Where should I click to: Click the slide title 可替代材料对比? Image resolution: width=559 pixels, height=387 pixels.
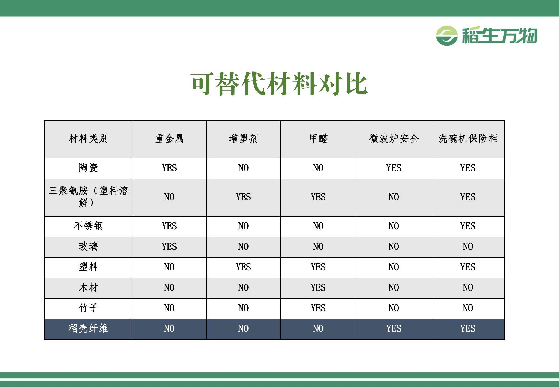pyautogui.click(x=279, y=84)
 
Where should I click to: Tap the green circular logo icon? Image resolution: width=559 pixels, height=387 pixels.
pyautogui.click(x=447, y=36)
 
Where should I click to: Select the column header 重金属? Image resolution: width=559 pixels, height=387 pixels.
pyautogui.click(x=169, y=139)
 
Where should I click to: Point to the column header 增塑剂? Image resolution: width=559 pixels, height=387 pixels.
pyautogui.click(x=243, y=139)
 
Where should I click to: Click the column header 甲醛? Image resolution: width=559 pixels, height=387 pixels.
pyautogui.click(x=318, y=139)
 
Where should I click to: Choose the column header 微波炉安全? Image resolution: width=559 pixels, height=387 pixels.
pyautogui.click(x=394, y=139)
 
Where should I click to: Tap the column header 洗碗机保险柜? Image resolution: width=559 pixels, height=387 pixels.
pyautogui.click(x=468, y=139)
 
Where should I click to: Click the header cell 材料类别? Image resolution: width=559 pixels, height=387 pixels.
pyautogui.click(x=88, y=139)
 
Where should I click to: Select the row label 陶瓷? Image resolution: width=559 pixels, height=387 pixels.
pyautogui.click(x=88, y=168)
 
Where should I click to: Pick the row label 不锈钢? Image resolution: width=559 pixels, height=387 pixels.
pyautogui.click(x=88, y=226)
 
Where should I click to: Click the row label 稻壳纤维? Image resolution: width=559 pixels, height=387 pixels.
pyautogui.click(x=88, y=328)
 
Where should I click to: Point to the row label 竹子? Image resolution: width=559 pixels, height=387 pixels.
pyautogui.click(x=88, y=308)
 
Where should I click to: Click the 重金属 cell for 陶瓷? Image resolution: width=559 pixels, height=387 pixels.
pyautogui.click(x=169, y=168)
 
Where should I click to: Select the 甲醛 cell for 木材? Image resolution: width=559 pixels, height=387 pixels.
pyautogui.click(x=318, y=288)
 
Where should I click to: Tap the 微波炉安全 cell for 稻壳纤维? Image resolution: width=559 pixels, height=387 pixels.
pyautogui.click(x=394, y=329)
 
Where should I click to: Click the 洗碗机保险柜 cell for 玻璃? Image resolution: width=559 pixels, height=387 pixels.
pyautogui.click(x=468, y=247)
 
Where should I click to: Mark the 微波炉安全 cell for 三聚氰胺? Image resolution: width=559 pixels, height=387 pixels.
pyautogui.click(x=394, y=197)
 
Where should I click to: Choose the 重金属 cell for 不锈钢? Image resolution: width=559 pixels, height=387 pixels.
pyautogui.click(x=169, y=226)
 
